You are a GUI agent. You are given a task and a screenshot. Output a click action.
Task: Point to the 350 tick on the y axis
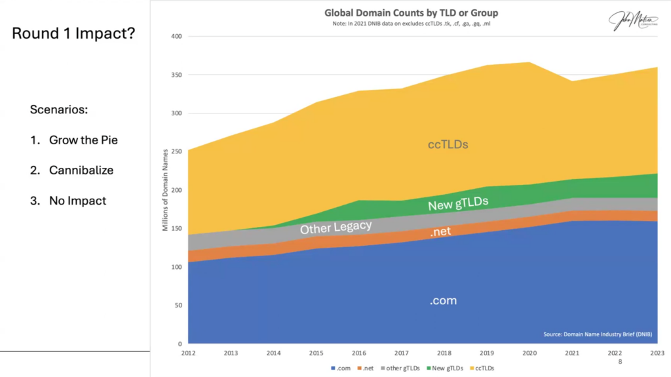click(x=176, y=75)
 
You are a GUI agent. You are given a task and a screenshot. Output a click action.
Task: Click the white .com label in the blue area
click(x=443, y=301)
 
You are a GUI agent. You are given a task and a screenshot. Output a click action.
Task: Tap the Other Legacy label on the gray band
click(x=335, y=228)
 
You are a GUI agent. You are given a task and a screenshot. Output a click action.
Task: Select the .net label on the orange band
click(x=440, y=232)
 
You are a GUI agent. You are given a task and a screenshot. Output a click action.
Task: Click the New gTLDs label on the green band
click(x=458, y=205)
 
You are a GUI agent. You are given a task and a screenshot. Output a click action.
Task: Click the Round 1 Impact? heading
click(x=73, y=33)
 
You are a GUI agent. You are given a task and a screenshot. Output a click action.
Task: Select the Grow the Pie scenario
click(x=83, y=140)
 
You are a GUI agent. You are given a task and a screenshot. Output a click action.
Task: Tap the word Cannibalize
click(x=81, y=170)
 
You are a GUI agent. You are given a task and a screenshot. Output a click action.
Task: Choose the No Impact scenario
click(x=77, y=201)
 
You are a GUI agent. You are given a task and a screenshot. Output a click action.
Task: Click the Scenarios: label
click(x=59, y=109)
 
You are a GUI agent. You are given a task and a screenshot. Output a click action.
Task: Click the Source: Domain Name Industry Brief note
click(x=598, y=334)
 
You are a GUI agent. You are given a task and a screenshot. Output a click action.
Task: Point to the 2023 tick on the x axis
click(x=657, y=352)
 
